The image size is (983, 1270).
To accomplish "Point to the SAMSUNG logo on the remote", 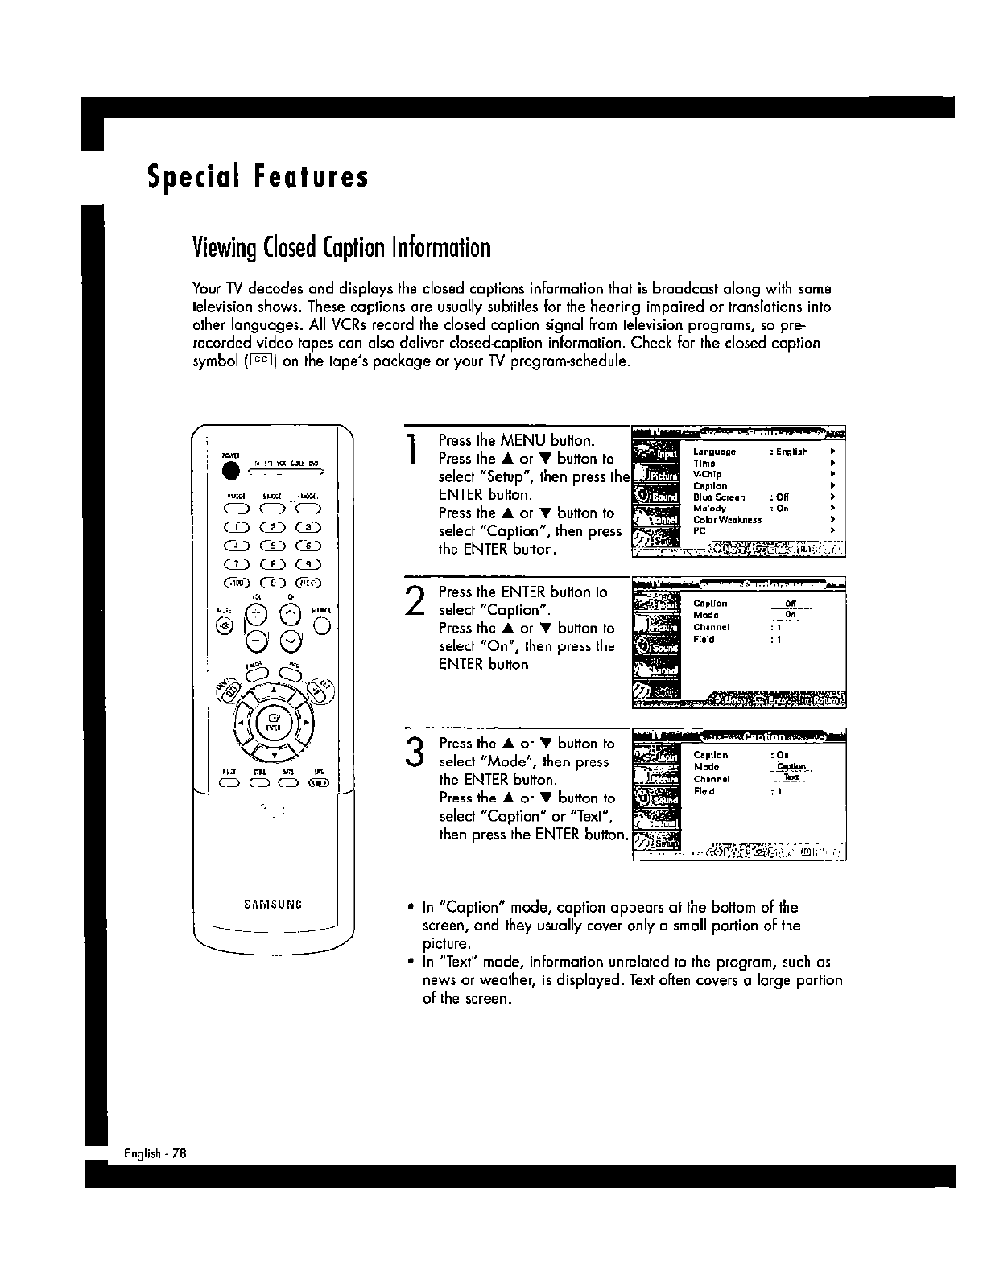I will (272, 903).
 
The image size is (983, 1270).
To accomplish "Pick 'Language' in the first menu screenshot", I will (714, 452).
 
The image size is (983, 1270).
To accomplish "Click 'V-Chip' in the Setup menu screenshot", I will (708, 475).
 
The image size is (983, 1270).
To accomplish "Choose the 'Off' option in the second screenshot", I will (790, 604).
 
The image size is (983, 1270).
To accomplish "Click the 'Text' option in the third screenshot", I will (791, 777).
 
